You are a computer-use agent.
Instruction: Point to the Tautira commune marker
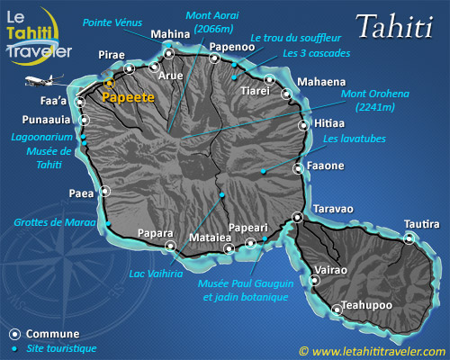[x=409, y=238]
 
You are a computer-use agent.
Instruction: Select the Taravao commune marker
[x=298, y=216]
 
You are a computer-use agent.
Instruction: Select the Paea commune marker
[x=105, y=190]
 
